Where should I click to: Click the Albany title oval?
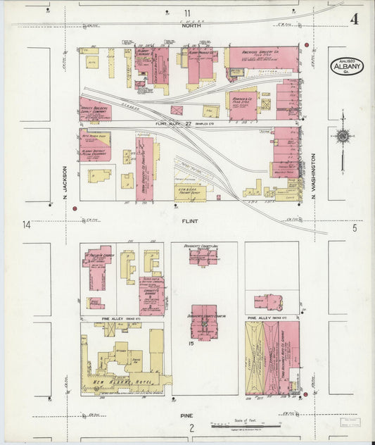pyautogui.click(x=346, y=66)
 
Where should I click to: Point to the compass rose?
pyautogui.click(x=343, y=136)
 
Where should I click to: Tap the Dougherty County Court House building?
pyautogui.click(x=203, y=321)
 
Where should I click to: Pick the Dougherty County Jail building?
pyautogui.click(x=203, y=255)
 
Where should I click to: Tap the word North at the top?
pyautogui.click(x=191, y=25)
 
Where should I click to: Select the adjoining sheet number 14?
pyautogui.click(x=26, y=225)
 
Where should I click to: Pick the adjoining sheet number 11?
pyautogui.click(x=188, y=13)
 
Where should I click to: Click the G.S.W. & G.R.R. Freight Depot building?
pyautogui.click(x=190, y=192)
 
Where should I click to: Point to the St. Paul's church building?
pyautogui.click(x=98, y=256)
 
